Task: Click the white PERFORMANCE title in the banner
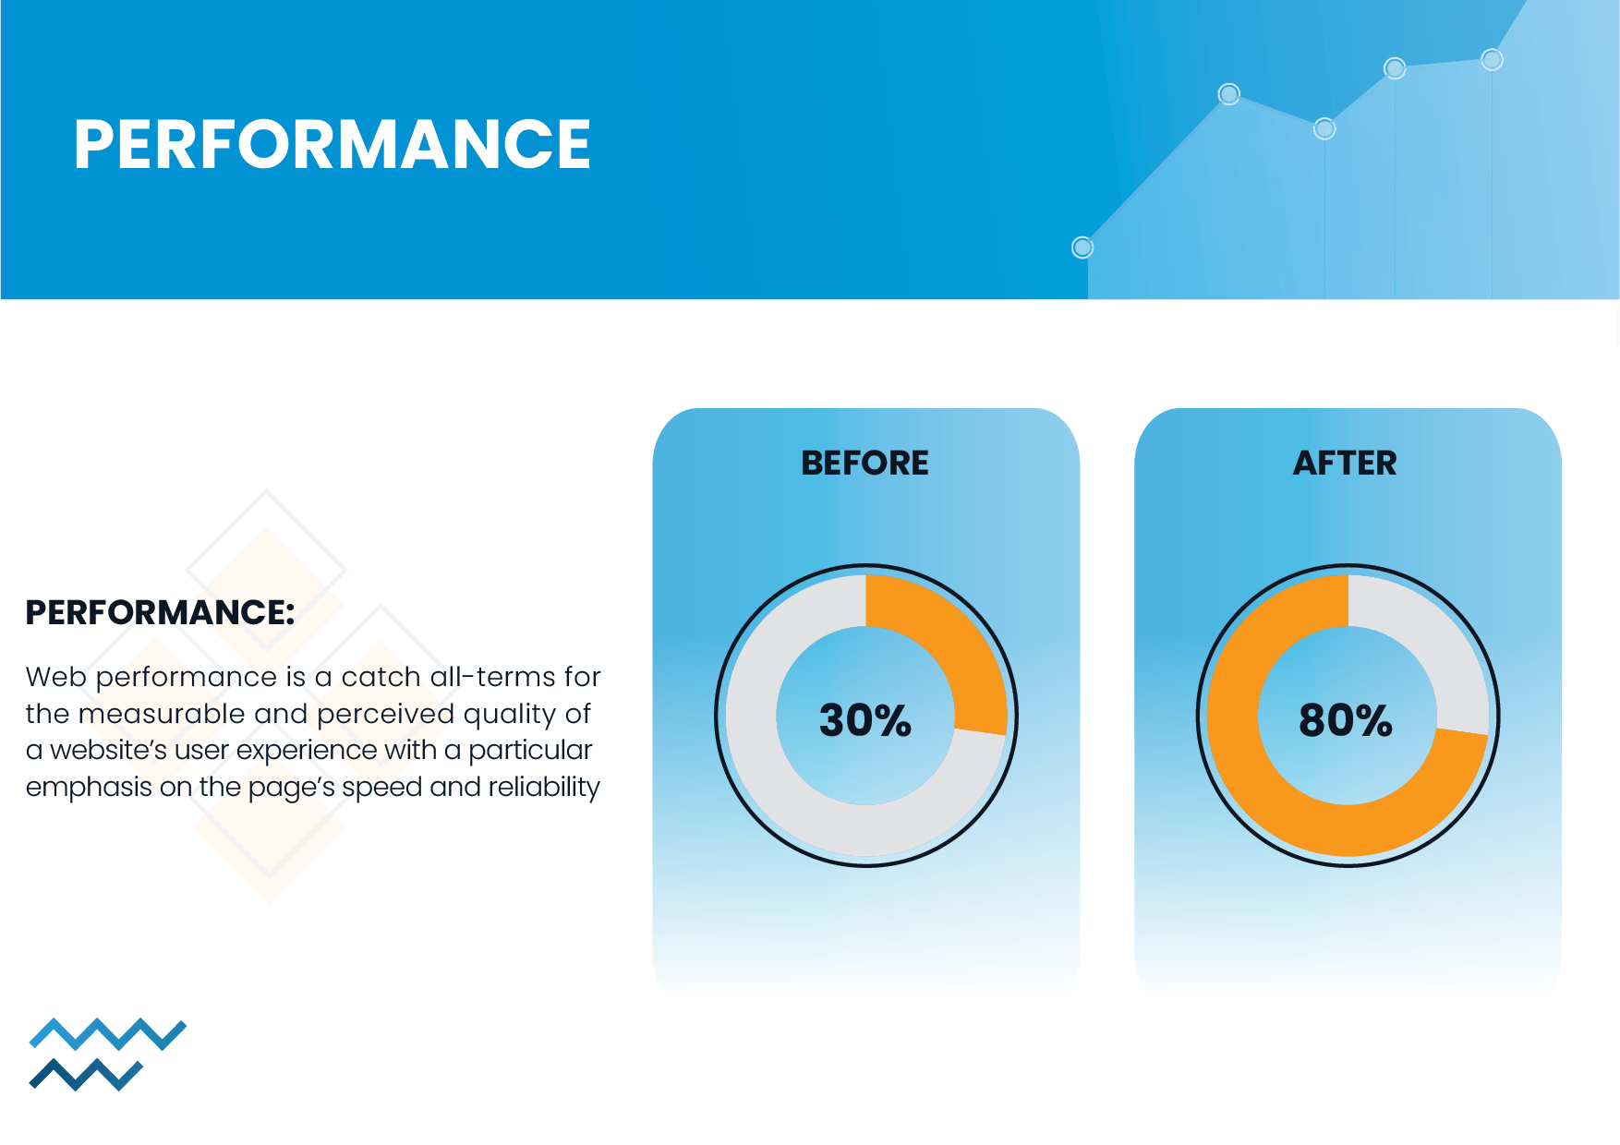click(x=332, y=144)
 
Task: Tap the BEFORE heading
click(x=865, y=463)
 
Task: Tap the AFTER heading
click(x=1345, y=463)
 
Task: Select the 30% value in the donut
click(x=865, y=720)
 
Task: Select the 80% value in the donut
click(x=1346, y=720)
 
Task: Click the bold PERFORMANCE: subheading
click(x=160, y=612)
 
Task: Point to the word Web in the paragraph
click(x=56, y=677)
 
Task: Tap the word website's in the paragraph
click(x=109, y=750)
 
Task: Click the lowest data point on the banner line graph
click(x=1082, y=247)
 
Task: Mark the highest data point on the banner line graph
click(x=1492, y=60)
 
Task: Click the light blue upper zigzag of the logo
click(x=108, y=1034)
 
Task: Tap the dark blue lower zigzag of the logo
click(x=86, y=1075)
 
